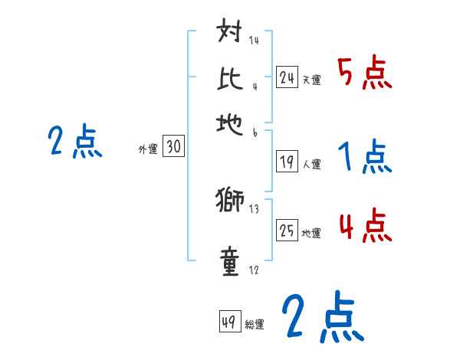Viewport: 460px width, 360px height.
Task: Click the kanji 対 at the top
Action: [x=230, y=34]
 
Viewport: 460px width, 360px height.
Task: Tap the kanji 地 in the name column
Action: [x=230, y=123]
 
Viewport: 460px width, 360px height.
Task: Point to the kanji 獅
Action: [x=230, y=201]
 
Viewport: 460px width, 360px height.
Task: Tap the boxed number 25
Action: [x=287, y=231]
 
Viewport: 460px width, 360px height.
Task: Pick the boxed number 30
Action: [x=173, y=148]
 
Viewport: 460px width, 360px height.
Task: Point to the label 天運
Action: [x=311, y=80]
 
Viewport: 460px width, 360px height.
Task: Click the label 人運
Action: [x=311, y=164]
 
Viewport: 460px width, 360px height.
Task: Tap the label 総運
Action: [x=255, y=324]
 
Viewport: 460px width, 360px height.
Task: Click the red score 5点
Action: [x=364, y=73]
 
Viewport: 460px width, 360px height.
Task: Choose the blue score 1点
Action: [x=364, y=157]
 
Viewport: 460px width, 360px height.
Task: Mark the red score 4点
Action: [x=364, y=226]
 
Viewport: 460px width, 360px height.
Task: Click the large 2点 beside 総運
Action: [x=322, y=318]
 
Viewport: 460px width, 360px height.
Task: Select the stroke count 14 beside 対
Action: [x=255, y=40]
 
